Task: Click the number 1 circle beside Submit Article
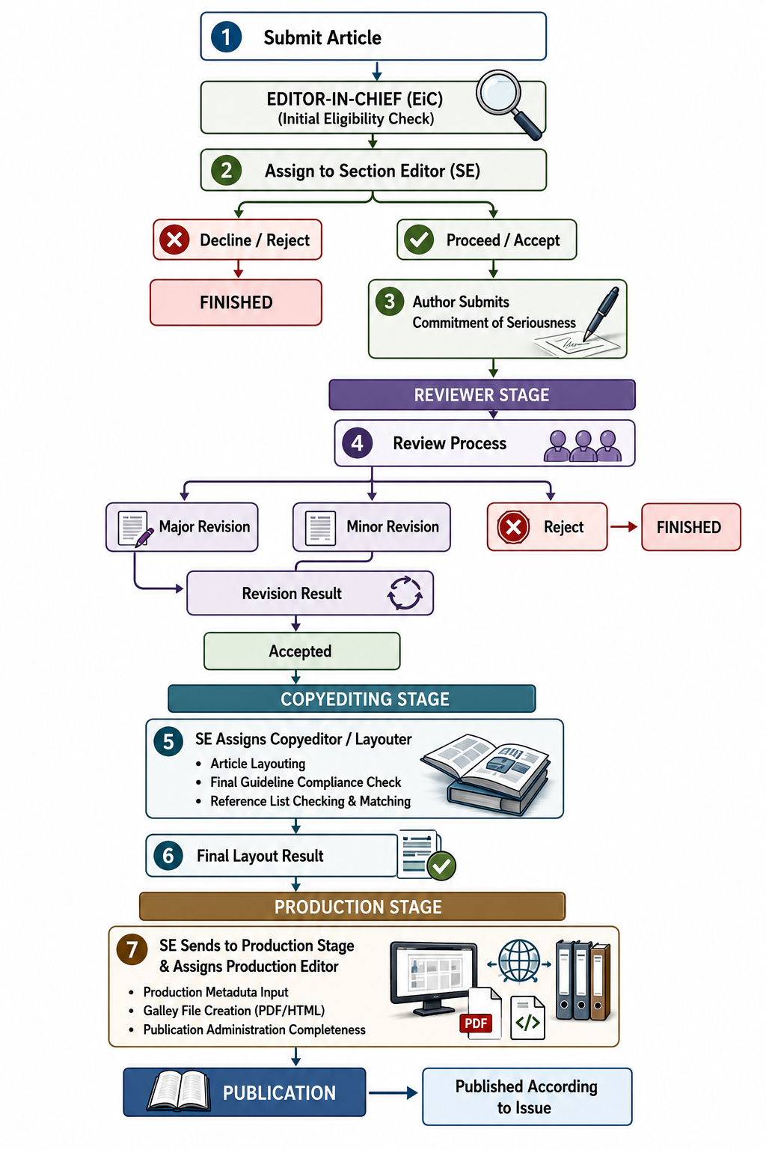226,37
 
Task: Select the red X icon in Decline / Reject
174,240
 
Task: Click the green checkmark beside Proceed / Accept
419,240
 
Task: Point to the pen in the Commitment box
601,313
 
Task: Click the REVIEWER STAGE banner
482,395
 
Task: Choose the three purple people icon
583,445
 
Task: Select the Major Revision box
182,527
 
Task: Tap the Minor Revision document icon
321,528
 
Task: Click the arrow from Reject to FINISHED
624,527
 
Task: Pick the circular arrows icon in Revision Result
405,593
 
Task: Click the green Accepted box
301,651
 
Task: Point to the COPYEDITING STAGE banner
352,699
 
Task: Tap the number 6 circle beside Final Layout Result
168,856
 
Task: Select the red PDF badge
476,1023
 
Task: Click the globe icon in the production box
519,961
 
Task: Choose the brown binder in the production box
600,981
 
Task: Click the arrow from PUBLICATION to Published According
393,1093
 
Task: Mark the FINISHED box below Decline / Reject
236,302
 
